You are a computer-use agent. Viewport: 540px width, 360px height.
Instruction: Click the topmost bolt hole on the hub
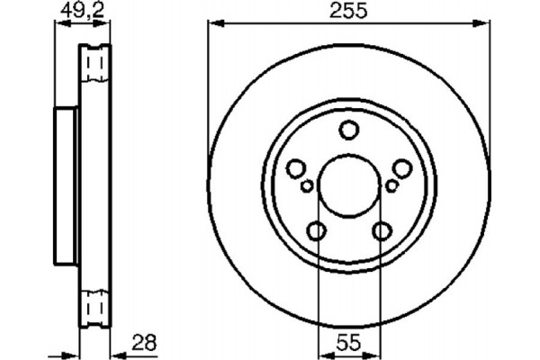pos(348,131)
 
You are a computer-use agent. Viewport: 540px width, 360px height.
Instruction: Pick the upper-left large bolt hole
pos(295,167)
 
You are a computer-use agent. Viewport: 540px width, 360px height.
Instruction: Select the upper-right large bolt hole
pos(401,167)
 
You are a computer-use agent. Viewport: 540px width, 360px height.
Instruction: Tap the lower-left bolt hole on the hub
pos(317,231)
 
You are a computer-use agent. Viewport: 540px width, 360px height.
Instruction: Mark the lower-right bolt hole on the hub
pos(381,231)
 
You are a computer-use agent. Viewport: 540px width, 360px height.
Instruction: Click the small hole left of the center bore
pos(307,185)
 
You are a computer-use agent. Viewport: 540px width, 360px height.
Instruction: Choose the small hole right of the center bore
pos(391,185)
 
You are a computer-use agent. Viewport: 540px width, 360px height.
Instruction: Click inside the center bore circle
pos(348,186)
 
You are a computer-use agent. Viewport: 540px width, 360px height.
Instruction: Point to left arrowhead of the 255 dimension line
pos(213,25)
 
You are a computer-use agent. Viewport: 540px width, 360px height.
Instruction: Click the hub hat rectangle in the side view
pos(66,187)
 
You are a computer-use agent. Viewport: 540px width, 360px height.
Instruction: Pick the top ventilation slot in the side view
pos(94,63)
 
